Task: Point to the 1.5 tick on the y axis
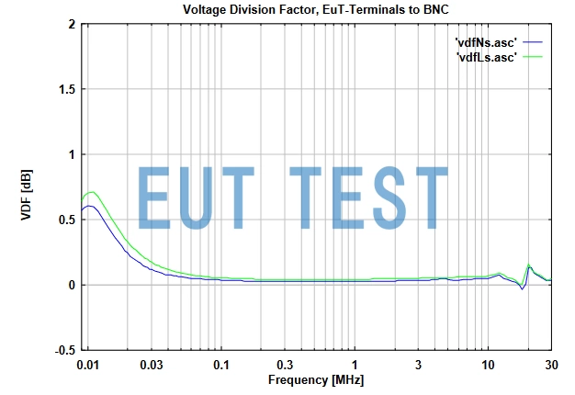[64, 89]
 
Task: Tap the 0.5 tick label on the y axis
[64, 220]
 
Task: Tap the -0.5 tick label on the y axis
[62, 350]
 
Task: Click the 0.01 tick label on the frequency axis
[88, 366]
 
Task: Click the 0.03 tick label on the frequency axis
[152, 366]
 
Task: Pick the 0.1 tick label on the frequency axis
[221, 366]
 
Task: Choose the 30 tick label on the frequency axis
[550, 366]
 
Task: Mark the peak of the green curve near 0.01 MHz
[92, 192]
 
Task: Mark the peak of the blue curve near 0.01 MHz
[89, 206]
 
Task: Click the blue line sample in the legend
[535, 42]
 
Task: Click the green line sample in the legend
[535, 56]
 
